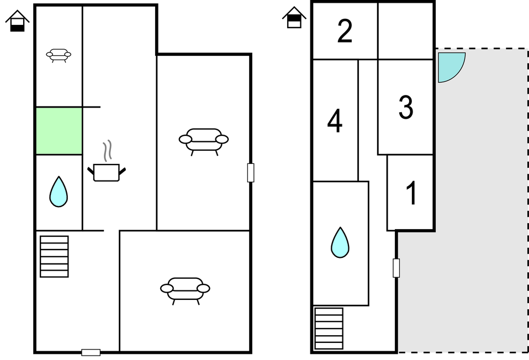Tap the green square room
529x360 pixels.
tap(59, 131)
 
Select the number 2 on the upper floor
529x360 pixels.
tap(345, 31)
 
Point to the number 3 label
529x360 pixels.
tap(405, 107)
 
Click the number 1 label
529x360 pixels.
tap(411, 193)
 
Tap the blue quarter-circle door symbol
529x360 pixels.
tap(451, 67)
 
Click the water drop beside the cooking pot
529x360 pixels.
tap(59, 192)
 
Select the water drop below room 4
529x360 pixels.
tap(340, 242)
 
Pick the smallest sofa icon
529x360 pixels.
tap(59, 56)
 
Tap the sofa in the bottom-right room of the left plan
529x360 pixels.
tap(185, 291)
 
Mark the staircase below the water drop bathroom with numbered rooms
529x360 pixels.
tap(329, 329)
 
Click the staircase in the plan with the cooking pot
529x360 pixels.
tap(54, 257)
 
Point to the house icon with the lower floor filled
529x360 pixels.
tap(17, 21)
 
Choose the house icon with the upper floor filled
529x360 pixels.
tap(294, 17)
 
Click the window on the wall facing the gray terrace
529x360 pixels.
tap(396, 268)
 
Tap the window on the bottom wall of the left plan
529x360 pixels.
tap(91, 353)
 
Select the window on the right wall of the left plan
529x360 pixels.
tap(251, 173)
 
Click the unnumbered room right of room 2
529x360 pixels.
tap(405, 31)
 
